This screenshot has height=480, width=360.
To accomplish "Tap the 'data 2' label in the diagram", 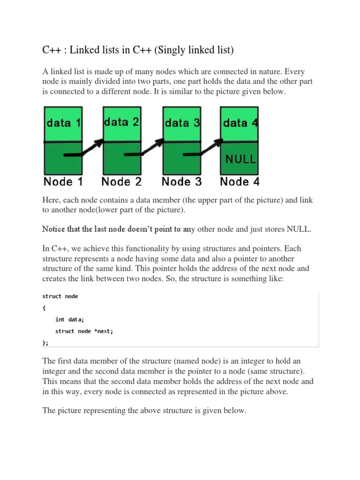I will [x=121, y=122].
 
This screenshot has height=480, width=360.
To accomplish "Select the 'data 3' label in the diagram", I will [x=182, y=123].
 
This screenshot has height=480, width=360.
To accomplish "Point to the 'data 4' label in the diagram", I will [x=240, y=123].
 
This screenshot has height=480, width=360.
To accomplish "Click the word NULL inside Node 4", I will [x=241, y=158].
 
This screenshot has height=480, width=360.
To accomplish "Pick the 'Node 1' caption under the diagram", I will [x=64, y=181].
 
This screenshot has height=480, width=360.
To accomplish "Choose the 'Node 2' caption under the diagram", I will [x=121, y=181].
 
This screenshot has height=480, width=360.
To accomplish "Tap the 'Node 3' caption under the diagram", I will [x=182, y=181].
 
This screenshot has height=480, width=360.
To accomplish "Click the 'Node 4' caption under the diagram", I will [x=240, y=181].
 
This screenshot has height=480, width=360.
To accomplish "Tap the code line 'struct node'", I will [x=60, y=296].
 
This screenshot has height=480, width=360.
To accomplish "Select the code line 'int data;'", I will [x=69, y=319].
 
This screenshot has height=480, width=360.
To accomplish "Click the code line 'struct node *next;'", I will [x=84, y=331].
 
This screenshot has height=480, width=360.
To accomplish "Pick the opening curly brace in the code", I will [x=44, y=308].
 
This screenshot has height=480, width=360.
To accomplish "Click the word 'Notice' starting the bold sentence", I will [x=54, y=229].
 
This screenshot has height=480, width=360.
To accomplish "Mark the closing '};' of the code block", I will [x=45, y=343].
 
